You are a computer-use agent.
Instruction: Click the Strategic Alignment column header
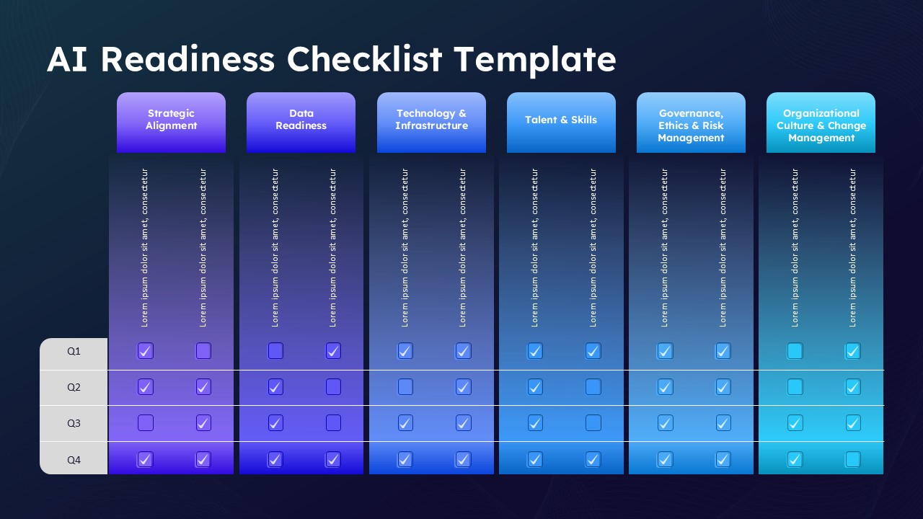click(x=171, y=120)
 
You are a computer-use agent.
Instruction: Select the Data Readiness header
click(x=301, y=120)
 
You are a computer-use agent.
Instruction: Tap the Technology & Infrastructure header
click(x=431, y=120)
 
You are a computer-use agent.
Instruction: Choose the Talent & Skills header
click(x=561, y=120)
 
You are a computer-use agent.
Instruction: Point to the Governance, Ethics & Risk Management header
click(x=691, y=125)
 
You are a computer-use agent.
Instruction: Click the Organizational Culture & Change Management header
click(x=821, y=125)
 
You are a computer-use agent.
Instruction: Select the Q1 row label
click(x=74, y=352)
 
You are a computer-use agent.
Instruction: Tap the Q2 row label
click(x=74, y=387)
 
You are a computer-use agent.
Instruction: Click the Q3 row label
click(x=74, y=423)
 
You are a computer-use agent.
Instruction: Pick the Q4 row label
click(x=74, y=459)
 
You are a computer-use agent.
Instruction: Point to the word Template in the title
click(x=535, y=59)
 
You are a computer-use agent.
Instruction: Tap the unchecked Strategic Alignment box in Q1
click(x=203, y=351)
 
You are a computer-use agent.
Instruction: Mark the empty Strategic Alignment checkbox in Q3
click(x=146, y=423)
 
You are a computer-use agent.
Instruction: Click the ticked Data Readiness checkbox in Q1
click(x=333, y=351)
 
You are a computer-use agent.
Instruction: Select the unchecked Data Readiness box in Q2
click(x=333, y=387)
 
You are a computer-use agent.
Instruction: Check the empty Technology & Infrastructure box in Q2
click(x=405, y=387)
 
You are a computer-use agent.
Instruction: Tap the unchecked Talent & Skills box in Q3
click(x=593, y=423)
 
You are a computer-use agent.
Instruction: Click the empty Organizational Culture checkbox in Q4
click(x=853, y=459)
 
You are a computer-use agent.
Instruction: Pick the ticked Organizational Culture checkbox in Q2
click(x=853, y=387)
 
